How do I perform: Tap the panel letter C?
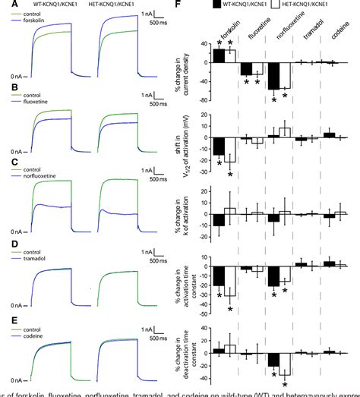5,161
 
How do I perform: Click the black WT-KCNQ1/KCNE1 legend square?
217,5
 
